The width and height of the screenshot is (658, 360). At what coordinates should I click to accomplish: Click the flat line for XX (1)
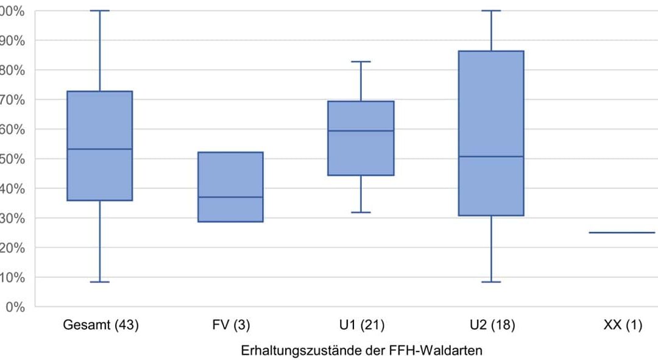[x=622, y=232]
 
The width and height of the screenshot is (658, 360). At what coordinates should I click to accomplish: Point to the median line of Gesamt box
[x=100, y=149]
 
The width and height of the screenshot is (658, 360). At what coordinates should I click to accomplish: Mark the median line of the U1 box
[x=361, y=131]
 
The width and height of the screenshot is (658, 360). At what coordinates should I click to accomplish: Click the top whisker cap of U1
[x=361, y=62]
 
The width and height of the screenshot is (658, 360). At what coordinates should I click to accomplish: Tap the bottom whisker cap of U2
[x=491, y=282]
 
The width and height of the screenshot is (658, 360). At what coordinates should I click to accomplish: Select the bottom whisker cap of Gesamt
[x=100, y=282]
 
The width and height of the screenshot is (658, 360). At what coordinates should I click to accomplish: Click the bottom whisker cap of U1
[x=361, y=212]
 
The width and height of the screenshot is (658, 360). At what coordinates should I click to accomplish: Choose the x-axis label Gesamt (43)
[x=101, y=325]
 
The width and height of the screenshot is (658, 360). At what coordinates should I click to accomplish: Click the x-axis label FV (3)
[x=230, y=325]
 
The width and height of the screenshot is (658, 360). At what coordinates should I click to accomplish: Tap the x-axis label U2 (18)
[x=492, y=325]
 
